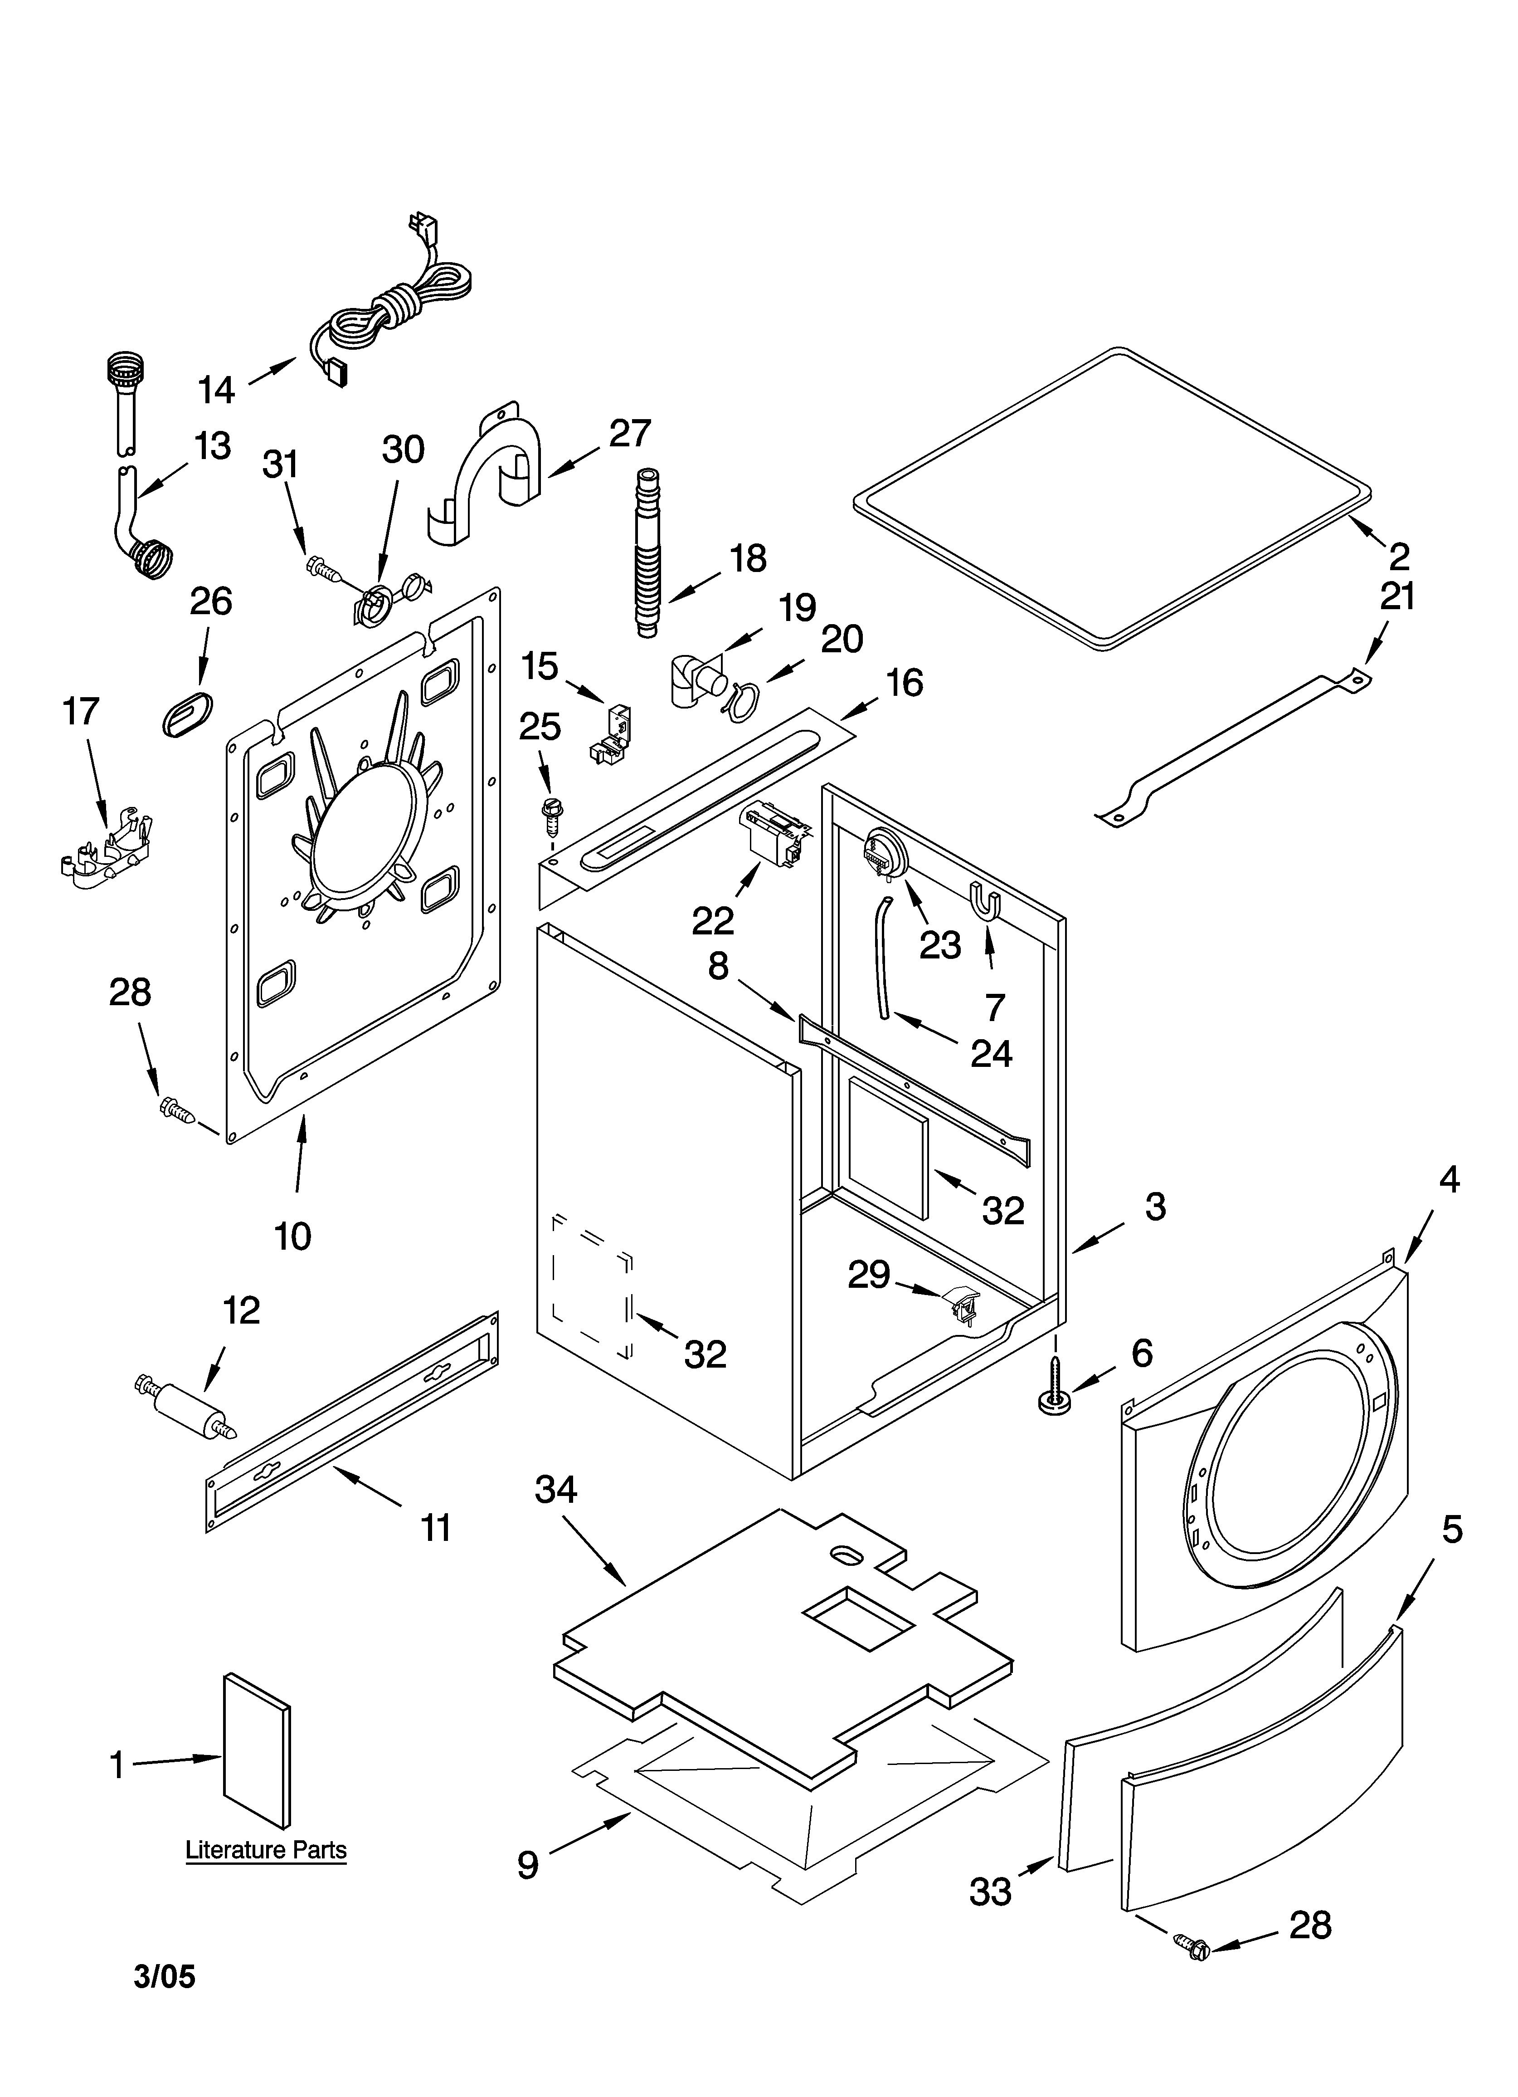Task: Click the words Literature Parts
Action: coord(266,1850)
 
